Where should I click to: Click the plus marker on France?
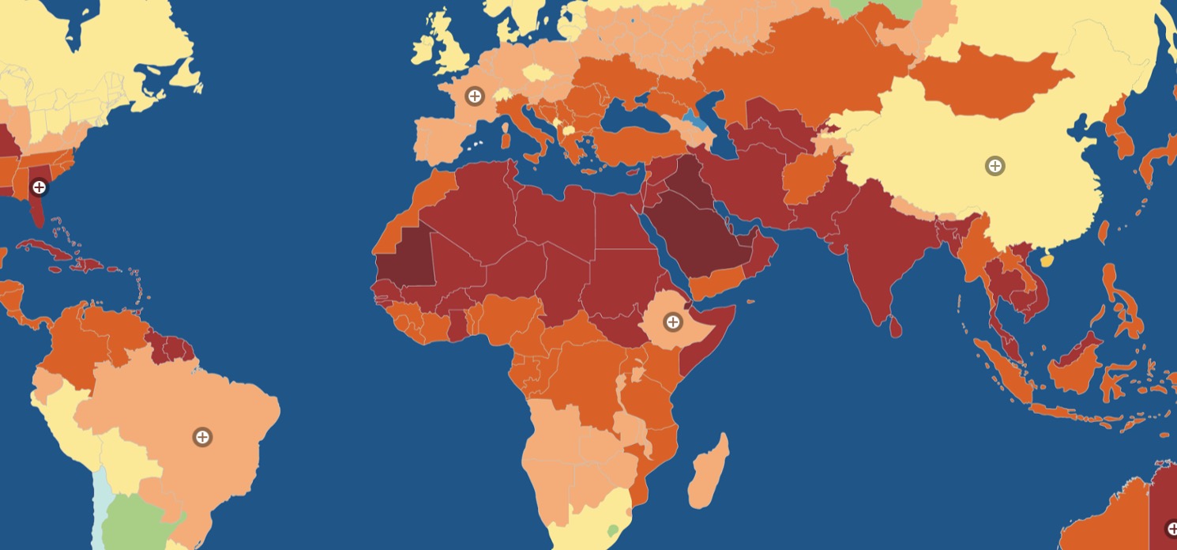pyautogui.click(x=474, y=96)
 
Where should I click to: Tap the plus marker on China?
pyautogui.click(x=995, y=166)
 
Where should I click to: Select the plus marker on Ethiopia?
pyautogui.click(x=672, y=322)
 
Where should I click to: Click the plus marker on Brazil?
pyautogui.click(x=202, y=437)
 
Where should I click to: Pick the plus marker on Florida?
pyautogui.click(x=39, y=187)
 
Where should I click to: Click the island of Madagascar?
pyautogui.click(x=708, y=473)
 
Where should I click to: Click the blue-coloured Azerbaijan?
pyautogui.click(x=694, y=122)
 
